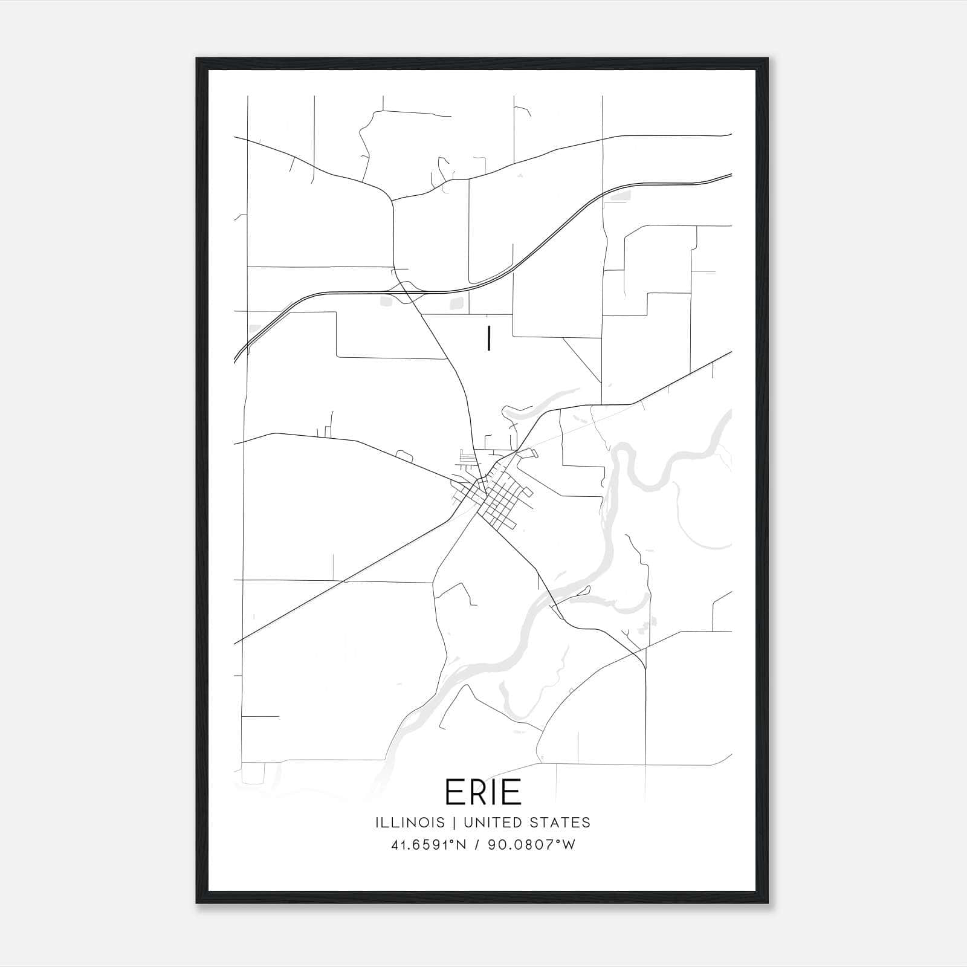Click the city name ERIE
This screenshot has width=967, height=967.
pyautogui.click(x=483, y=792)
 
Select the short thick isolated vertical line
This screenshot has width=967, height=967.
pyautogui.click(x=488, y=338)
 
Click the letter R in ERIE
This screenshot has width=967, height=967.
pyautogui.click(x=479, y=792)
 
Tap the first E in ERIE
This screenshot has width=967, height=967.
pyautogui.click(x=455, y=792)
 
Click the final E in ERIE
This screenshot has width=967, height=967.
pyautogui.click(x=513, y=792)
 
